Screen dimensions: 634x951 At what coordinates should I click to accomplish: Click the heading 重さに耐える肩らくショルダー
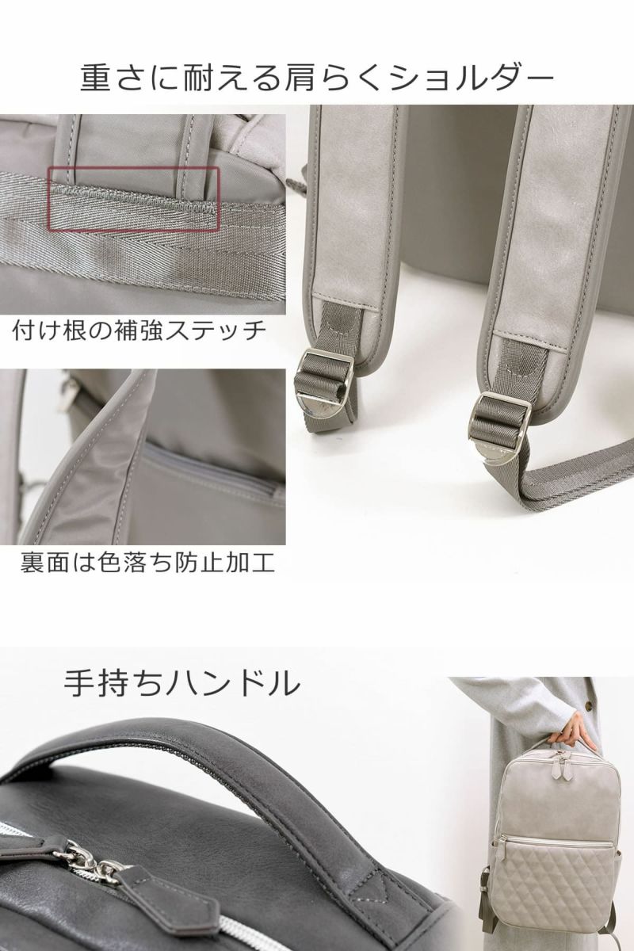317,78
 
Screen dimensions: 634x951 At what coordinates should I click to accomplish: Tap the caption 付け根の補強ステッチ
139,330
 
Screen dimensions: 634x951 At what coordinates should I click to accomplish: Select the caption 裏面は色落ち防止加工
147,563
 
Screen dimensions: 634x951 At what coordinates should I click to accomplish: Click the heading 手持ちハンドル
181,682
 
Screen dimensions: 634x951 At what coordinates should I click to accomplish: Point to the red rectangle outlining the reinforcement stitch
134,200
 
